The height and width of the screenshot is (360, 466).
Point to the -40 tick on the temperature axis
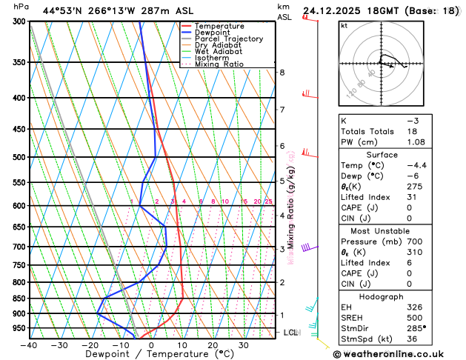click(29, 345)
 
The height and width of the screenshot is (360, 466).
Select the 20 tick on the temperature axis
click(212, 345)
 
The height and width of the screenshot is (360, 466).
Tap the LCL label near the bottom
click(290, 333)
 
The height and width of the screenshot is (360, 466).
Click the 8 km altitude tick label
click(282, 72)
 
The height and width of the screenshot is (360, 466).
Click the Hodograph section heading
click(382, 296)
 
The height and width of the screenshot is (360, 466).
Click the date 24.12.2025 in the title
click(334, 11)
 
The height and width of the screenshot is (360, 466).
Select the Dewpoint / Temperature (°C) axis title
click(152, 355)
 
